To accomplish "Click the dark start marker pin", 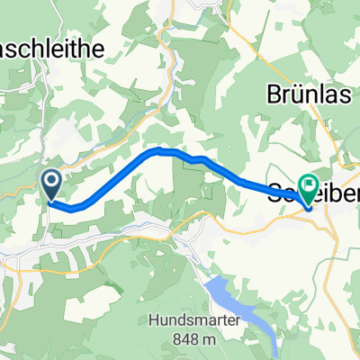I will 51,186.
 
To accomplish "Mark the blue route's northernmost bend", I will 160,150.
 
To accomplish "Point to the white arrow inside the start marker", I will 51,184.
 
